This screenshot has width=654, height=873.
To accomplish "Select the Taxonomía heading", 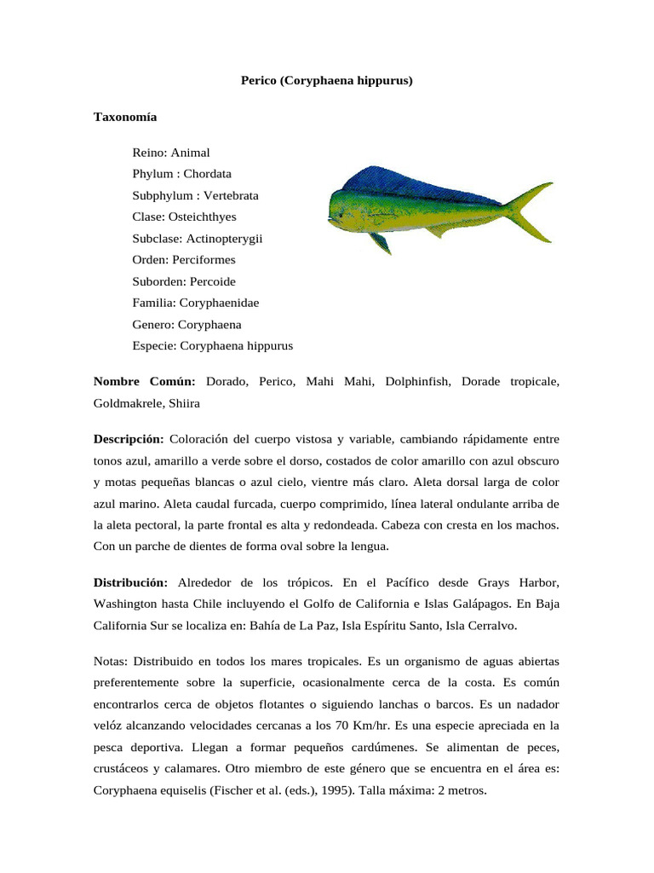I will click(124, 117).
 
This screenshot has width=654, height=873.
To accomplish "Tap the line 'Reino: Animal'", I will click(170, 153).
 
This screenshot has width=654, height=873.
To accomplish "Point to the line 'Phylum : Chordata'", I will click(181, 174).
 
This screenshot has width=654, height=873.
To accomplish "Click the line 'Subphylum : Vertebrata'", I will click(195, 195).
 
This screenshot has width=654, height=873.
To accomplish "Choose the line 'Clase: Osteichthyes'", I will click(184, 217).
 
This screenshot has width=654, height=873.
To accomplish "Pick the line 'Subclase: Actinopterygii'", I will click(197, 239).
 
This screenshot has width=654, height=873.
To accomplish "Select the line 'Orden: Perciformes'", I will click(184, 260).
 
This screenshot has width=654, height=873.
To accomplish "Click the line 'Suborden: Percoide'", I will click(184, 281).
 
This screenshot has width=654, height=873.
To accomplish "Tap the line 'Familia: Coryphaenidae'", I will click(196, 304).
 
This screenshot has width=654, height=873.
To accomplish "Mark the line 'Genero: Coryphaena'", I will click(186, 325).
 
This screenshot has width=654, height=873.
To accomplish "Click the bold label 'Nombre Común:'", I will click(144, 382).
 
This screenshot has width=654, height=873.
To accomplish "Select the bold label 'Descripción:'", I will click(128, 439).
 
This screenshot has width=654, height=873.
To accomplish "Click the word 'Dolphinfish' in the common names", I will click(416, 382).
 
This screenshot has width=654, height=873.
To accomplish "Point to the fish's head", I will click(345, 210).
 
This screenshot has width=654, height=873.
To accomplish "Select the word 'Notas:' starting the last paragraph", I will click(111, 661).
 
